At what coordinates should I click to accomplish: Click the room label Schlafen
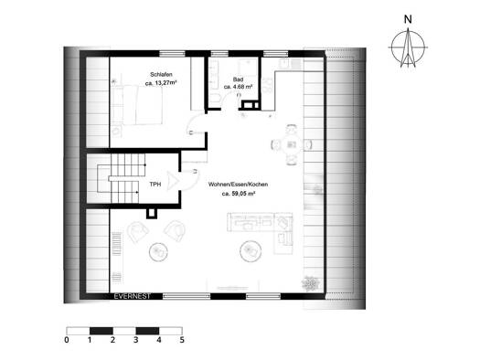point(161,75)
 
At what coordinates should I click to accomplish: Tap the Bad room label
point(238,79)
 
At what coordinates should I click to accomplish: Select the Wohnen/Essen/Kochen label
point(238,185)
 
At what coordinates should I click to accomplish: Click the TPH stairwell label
point(155,185)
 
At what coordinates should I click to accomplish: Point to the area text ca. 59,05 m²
point(239,194)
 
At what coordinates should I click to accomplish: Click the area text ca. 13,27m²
point(161,83)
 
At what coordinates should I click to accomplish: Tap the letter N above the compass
point(408,19)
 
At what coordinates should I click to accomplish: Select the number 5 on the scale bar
point(182,340)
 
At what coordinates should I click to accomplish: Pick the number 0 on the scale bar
point(67,340)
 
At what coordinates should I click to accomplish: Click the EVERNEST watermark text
point(133,296)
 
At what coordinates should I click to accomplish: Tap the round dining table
point(291,144)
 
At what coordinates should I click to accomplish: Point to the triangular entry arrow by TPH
point(173,181)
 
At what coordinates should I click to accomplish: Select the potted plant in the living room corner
point(311,283)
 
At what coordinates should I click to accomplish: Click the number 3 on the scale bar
point(136,340)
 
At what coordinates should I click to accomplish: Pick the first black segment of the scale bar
point(101,331)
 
